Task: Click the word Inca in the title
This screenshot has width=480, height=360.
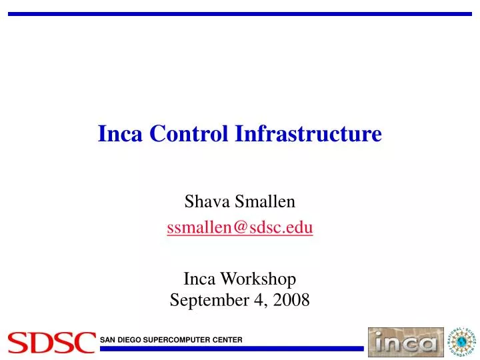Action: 121,134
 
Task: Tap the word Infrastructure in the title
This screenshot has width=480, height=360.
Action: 308,134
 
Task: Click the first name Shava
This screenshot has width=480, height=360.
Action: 204,201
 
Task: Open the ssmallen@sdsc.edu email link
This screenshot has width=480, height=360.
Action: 240,228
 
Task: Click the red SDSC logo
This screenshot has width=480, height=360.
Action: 51,343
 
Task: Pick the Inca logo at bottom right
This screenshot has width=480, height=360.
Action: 405,343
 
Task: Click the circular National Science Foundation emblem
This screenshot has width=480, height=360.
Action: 461,343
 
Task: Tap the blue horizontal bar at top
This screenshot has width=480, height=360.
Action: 240,13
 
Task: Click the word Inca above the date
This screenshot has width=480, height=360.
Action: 201,279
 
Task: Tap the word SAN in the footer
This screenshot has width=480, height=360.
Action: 108,340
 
